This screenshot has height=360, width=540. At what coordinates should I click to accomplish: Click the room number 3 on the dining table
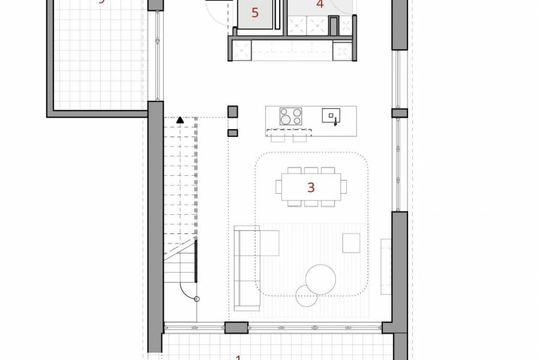click(x=311, y=187)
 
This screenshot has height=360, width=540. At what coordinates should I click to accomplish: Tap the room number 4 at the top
click(x=319, y=4)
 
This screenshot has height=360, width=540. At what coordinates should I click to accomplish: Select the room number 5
click(x=255, y=13)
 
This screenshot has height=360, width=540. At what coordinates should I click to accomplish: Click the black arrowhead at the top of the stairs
click(x=179, y=121)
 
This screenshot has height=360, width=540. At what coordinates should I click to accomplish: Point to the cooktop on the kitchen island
click(x=291, y=115)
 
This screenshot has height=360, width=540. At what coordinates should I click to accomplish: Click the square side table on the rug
click(x=351, y=243)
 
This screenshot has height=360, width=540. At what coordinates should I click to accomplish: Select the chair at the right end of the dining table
click(x=344, y=187)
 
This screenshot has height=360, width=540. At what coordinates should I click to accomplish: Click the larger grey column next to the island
click(x=233, y=112)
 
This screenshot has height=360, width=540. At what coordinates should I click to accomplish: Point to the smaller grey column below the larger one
click(x=233, y=133)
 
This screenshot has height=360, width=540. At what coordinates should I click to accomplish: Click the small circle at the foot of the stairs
click(x=197, y=299)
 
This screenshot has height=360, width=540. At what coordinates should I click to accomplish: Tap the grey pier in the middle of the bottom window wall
click(x=236, y=328)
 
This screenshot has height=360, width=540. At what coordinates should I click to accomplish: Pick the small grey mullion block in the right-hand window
click(x=400, y=113)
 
